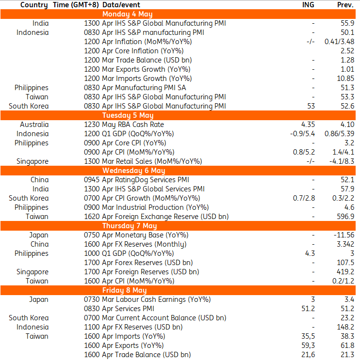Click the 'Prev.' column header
click(x=345, y=5)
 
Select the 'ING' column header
click(x=308, y=5)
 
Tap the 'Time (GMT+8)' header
click(x=76, y=5)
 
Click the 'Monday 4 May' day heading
click(x=128, y=14)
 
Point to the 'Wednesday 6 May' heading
click(x=134, y=171)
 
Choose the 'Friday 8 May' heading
click(x=125, y=290)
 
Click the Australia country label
click(x=34, y=125)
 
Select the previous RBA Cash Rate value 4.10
click(x=347, y=125)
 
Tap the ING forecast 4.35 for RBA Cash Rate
click(x=308, y=125)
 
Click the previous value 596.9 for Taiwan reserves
click(x=345, y=217)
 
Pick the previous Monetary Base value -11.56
click(x=344, y=235)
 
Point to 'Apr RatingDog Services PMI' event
click(x=146, y=180)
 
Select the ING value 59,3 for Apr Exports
click(x=308, y=345)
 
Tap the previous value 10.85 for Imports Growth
click(x=345, y=78)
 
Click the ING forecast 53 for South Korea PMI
click(x=311, y=106)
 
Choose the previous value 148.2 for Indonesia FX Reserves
click(x=345, y=327)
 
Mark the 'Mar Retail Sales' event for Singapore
click(x=127, y=161)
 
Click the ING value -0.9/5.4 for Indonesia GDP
click(x=302, y=134)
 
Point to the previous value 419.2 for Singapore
click(x=345, y=272)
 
